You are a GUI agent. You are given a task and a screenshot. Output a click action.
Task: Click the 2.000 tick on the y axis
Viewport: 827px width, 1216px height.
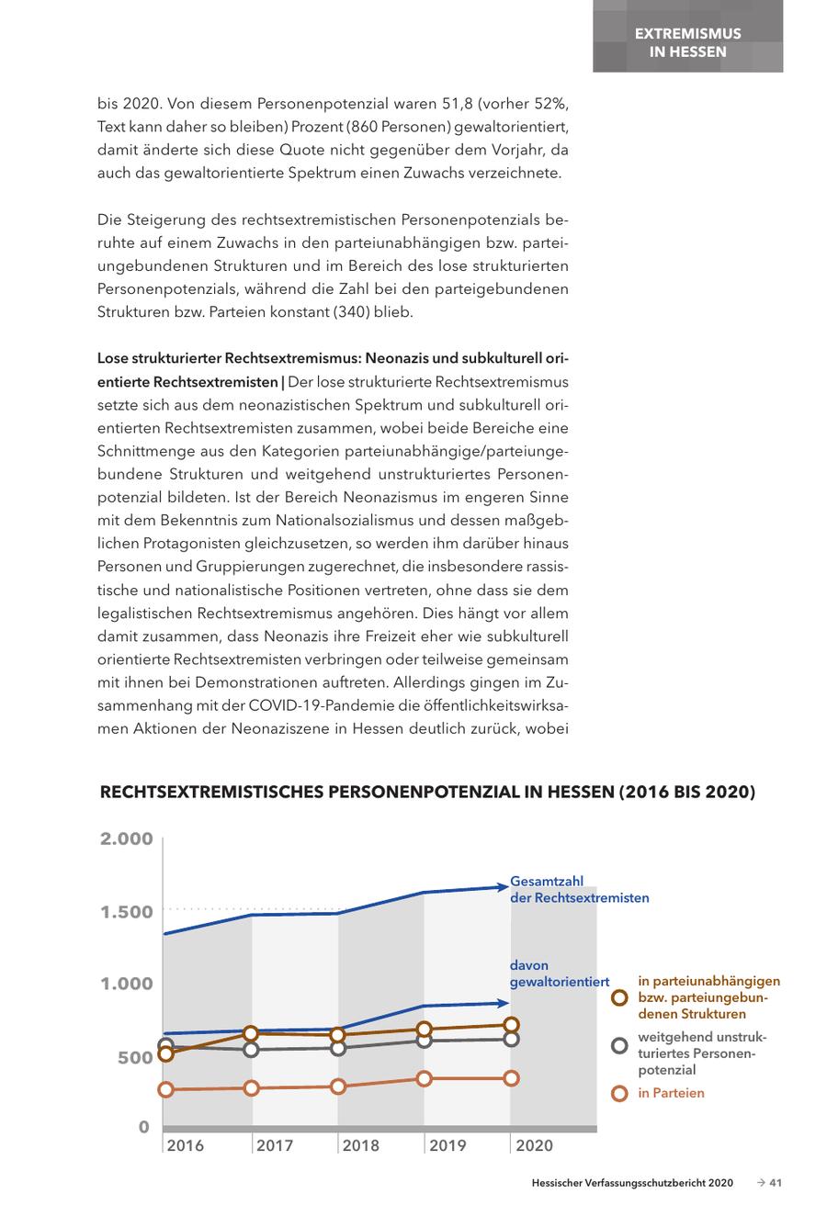[126, 839]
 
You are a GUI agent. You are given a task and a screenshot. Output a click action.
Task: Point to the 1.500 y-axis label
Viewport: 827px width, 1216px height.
[126, 912]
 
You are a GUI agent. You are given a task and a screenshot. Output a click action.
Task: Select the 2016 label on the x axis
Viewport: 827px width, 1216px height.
[185, 1145]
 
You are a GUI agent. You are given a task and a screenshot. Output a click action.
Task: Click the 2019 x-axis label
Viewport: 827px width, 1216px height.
[447, 1145]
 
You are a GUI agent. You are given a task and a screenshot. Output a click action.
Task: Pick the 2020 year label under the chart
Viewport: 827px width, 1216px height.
[535, 1145]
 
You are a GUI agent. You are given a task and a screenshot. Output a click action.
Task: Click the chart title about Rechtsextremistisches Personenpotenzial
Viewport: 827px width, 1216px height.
[426, 792]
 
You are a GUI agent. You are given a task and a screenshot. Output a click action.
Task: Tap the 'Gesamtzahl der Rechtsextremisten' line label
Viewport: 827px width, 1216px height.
[579, 890]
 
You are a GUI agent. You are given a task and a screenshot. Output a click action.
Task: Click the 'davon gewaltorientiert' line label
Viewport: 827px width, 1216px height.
[559, 974]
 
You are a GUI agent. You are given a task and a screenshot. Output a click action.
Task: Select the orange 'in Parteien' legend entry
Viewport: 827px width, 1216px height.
[671, 1093]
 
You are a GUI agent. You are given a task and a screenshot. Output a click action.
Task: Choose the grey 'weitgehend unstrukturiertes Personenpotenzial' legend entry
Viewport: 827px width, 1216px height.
[702, 1053]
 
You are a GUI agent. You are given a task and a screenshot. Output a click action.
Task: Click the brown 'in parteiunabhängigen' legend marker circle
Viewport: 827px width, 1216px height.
[619, 998]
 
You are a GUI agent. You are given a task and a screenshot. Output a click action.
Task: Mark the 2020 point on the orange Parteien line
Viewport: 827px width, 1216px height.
[511, 1078]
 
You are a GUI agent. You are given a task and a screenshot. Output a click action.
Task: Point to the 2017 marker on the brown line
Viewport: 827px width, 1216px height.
[251, 1033]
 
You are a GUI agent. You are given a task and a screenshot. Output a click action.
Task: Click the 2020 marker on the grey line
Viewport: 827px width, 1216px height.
[511, 1039]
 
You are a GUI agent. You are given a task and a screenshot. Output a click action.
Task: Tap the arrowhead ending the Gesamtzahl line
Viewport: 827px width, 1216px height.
[502, 887]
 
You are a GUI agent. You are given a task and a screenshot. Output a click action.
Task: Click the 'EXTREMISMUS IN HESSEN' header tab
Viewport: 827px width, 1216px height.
[687, 42]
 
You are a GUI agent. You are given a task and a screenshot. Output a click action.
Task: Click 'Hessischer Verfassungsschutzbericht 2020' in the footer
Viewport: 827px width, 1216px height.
[632, 1183]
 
